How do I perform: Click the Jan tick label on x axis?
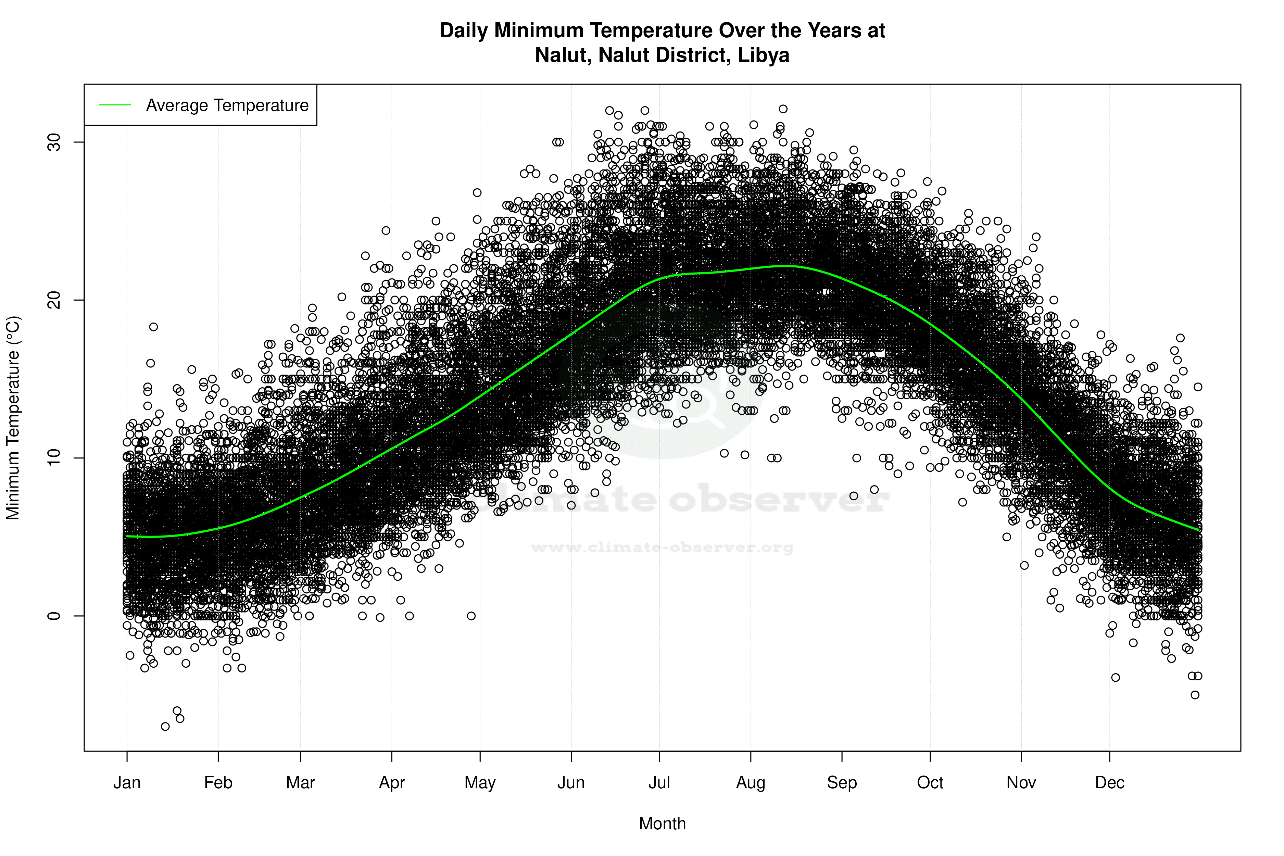coord(127,782)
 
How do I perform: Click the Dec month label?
coord(1109,782)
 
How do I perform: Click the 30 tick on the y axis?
coord(53,142)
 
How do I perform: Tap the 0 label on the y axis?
coord(53,616)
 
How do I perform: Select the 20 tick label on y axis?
coord(53,300)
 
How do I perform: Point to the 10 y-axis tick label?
coord(53,458)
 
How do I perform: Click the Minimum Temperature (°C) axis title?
coord(13,418)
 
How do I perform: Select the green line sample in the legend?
coord(115,105)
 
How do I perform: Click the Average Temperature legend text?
coord(227,105)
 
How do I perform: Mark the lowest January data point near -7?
coord(165,726)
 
